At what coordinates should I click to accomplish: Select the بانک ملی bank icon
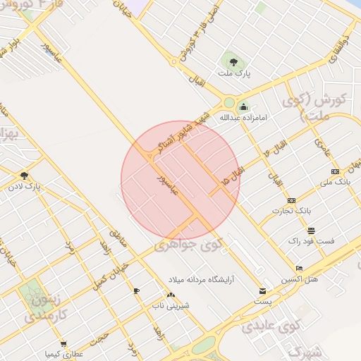(x=334, y=171)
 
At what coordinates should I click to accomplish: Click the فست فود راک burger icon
(x=311, y=231)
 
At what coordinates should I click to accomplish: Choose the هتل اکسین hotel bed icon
(x=299, y=269)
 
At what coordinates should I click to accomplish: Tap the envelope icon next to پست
(x=263, y=290)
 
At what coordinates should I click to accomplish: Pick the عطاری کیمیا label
(x=63, y=353)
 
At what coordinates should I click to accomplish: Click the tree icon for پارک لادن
(x=25, y=176)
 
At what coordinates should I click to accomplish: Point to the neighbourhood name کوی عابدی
(x=271, y=326)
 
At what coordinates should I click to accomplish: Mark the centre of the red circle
(x=180, y=180)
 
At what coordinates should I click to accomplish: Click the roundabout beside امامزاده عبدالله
(x=229, y=102)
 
